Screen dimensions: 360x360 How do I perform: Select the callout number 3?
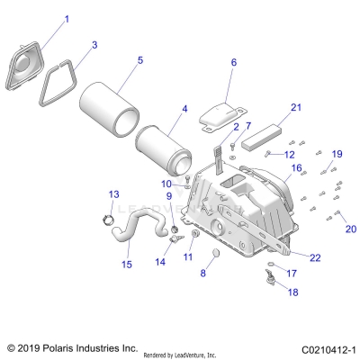point(95,43)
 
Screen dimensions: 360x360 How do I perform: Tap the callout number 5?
point(139,60)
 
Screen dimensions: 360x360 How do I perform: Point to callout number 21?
point(270,108)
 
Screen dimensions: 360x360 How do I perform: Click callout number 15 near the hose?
point(126,264)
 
